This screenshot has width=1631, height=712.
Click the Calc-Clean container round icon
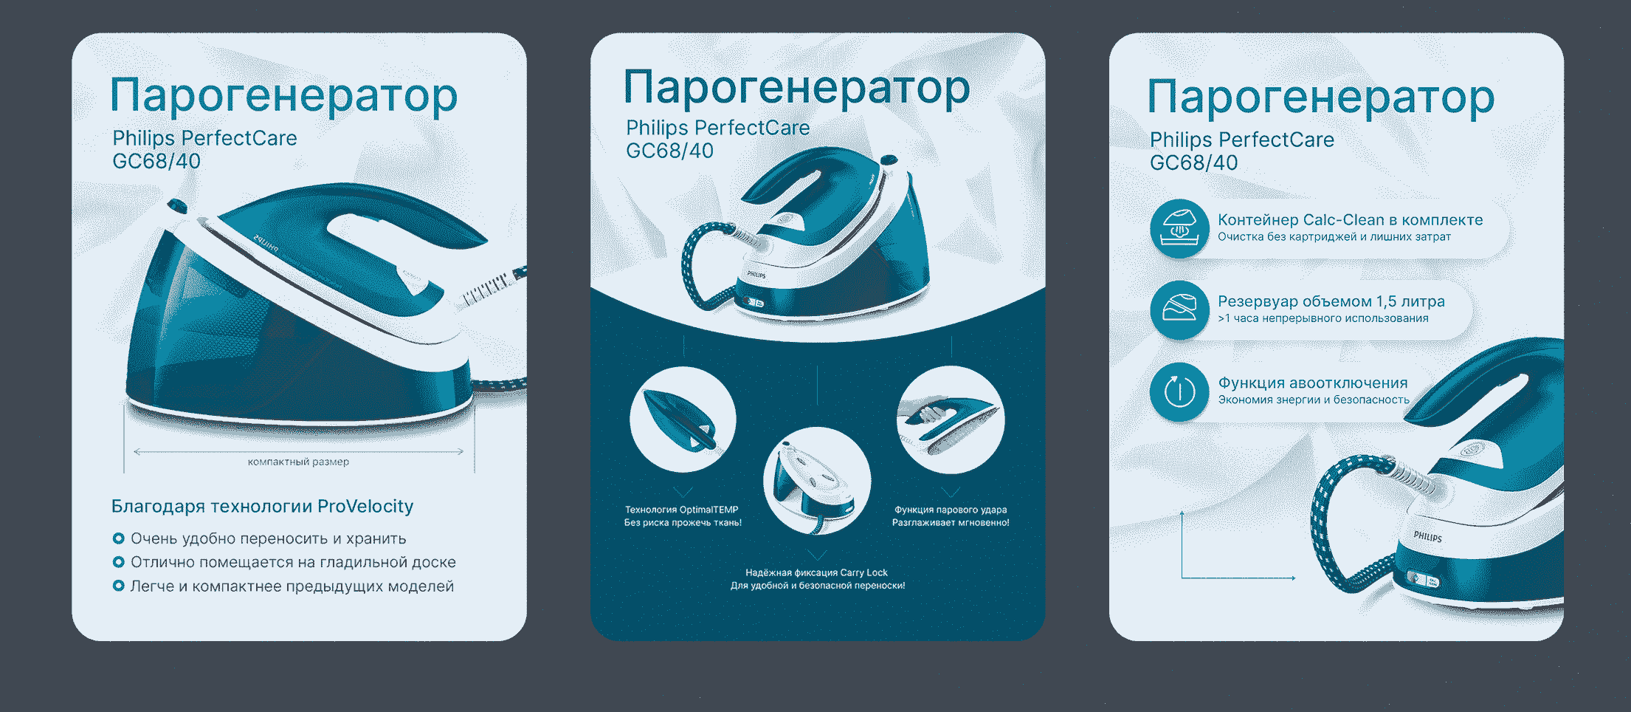pyautogui.click(x=1179, y=228)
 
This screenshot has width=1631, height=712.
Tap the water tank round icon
pyautogui.click(x=1179, y=309)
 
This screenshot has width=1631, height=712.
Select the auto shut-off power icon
pyautogui.click(x=1179, y=391)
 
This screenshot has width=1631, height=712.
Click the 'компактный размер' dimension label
pyautogui.click(x=298, y=462)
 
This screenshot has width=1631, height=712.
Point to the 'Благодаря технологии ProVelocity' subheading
pyautogui.click(x=262, y=507)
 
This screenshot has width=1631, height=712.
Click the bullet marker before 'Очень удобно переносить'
pyautogui.click(x=118, y=538)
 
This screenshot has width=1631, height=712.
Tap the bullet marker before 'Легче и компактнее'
pyautogui.click(x=118, y=586)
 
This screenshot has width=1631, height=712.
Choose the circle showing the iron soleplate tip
pyautogui.click(x=683, y=419)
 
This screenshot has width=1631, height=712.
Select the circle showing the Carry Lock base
pyautogui.click(x=817, y=481)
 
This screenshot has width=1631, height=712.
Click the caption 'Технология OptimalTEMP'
pyautogui.click(x=681, y=510)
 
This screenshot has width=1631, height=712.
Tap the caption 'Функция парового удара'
pyautogui.click(x=951, y=510)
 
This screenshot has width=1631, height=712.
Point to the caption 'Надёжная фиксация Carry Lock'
pyautogui.click(x=816, y=572)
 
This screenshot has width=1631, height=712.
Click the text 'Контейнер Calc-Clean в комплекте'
pyautogui.click(x=1350, y=220)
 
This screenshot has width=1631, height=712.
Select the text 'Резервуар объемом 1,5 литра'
pyautogui.click(x=1331, y=301)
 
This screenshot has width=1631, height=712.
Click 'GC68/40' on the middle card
pyautogui.click(x=669, y=151)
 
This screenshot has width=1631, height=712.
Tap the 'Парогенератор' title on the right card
pyautogui.click(x=1320, y=97)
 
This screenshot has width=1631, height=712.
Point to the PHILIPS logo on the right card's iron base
pyautogui.click(x=1427, y=537)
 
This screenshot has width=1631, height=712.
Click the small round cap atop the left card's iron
pyautogui.click(x=177, y=205)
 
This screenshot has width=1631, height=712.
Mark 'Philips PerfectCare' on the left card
pyautogui.click(x=204, y=138)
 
